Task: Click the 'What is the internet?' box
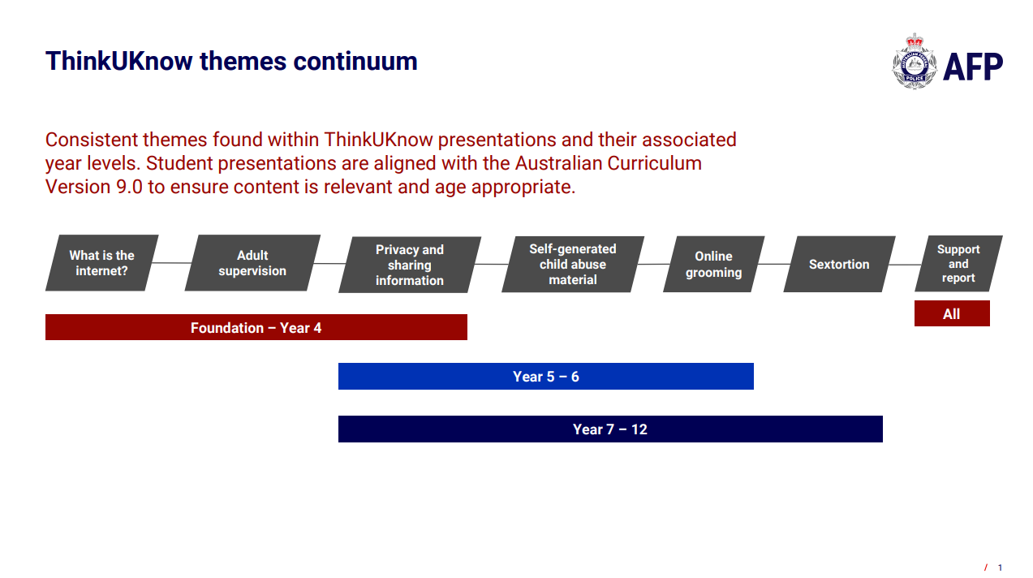102,263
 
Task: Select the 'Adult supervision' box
252,263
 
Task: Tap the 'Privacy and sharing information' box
410,265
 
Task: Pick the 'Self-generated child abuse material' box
573,265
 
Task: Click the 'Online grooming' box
714,265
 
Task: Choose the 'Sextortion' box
839,265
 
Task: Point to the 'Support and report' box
958,264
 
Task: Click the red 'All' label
952,313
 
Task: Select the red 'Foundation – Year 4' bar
256,327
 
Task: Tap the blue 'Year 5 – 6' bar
546,377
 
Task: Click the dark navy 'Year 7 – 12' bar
610,429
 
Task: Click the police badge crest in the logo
915,62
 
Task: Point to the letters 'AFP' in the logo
973,67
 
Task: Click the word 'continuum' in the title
355,62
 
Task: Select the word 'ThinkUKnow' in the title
119,62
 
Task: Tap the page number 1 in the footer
1000,567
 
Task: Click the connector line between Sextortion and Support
905,265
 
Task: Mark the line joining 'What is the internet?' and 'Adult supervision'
171,263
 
